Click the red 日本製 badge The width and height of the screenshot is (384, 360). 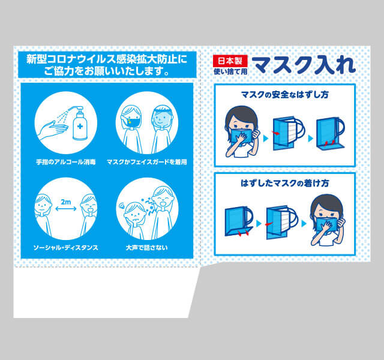point(230,61)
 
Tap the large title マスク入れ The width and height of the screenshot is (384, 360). point(304,65)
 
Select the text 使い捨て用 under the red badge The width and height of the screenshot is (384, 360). point(230,71)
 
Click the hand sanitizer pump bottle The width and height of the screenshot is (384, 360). point(79,123)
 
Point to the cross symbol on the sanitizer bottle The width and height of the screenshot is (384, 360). point(80,127)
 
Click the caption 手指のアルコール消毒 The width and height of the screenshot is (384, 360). point(65,162)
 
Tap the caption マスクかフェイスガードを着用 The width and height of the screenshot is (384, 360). point(146,162)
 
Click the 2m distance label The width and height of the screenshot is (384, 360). point(65,202)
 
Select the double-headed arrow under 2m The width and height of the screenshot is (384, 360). point(66,209)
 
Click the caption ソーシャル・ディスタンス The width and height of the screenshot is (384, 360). point(65,248)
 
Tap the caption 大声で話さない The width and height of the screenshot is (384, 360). point(146,248)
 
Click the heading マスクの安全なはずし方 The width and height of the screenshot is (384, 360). point(284,95)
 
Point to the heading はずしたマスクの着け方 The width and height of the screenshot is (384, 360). point(284,183)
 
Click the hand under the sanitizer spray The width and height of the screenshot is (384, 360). point(51,128)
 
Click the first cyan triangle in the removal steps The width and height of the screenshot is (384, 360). point(266,138)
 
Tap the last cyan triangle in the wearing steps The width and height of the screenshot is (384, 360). point(304,224)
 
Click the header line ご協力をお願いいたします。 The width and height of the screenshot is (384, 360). point(107,71)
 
